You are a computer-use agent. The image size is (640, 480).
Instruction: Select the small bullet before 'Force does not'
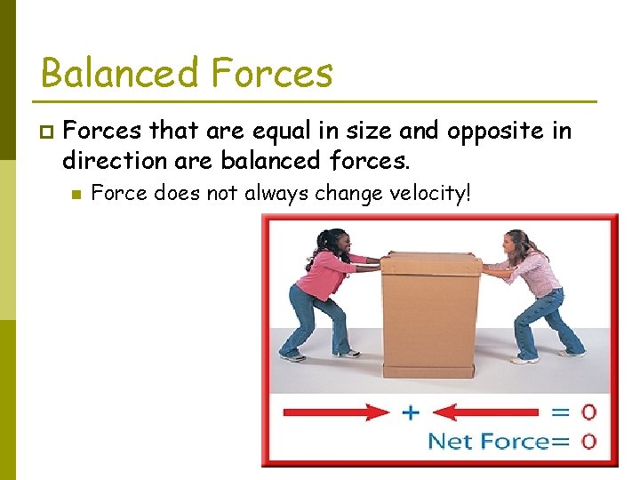point(76,194)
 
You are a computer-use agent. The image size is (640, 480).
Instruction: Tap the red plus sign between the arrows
point(412,412)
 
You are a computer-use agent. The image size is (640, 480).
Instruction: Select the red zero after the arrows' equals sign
point(588,412)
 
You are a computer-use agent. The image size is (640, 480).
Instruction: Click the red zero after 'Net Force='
point(588,441)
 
